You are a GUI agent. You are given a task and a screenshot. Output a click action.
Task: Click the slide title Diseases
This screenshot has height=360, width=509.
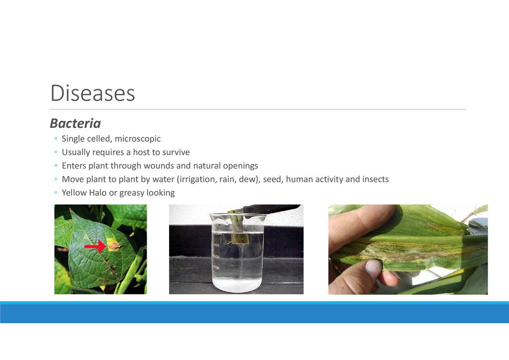[92, 93]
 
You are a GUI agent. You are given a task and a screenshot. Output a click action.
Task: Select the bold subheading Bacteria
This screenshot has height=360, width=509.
[76, 123]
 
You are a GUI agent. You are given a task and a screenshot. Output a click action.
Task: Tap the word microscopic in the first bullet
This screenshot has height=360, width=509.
[138, 139]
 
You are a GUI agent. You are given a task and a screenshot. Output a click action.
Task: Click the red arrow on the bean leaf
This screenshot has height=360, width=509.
[95, 247]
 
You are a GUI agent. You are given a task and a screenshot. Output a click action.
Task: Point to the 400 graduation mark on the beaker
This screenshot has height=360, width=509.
[216, 245]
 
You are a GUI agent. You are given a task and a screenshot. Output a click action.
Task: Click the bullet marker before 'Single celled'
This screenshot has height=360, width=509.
[56, 139]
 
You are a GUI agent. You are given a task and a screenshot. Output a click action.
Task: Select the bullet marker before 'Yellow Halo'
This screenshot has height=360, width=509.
[56, 193]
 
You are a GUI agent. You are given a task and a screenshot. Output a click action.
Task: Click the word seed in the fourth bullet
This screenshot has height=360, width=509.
[271, 179]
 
